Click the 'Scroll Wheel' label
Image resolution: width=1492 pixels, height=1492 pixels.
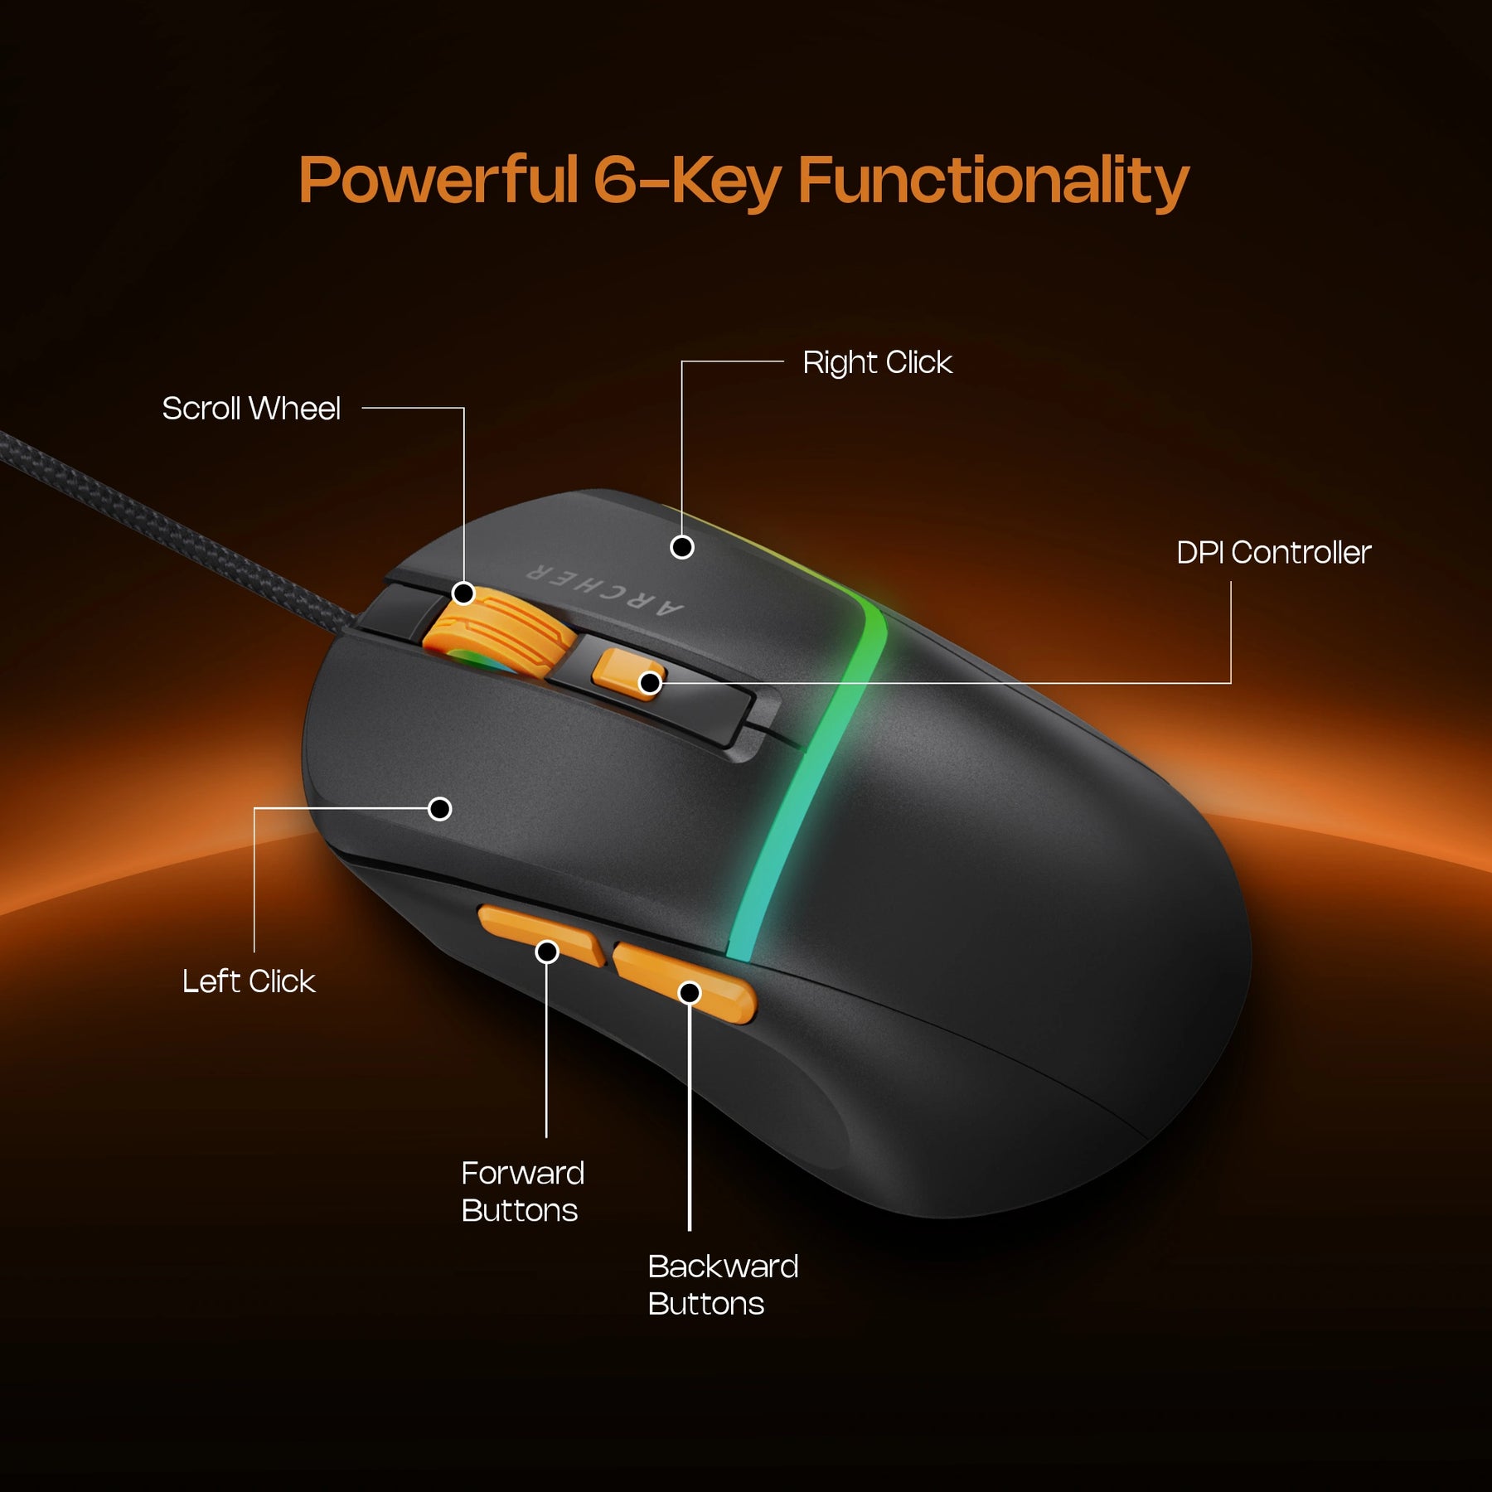point(251,409)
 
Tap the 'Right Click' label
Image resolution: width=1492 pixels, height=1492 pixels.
point(877,362)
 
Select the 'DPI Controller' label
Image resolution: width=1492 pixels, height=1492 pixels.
point(1273,553)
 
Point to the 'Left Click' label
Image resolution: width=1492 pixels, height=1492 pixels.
point(249,981)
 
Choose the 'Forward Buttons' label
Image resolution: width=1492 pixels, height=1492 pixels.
point(522,1192)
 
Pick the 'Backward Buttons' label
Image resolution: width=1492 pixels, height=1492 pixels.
point(723,1285)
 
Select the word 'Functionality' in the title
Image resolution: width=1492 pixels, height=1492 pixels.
point(993,181)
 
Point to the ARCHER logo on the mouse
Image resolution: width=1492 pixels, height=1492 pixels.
point(605,590)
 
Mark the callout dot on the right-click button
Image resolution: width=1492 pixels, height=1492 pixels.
point(682,547)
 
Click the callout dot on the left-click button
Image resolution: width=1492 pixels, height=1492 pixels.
point(440,808)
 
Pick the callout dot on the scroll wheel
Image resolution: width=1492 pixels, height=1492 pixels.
point(464,593)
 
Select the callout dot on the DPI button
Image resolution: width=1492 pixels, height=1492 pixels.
point(651,683)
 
